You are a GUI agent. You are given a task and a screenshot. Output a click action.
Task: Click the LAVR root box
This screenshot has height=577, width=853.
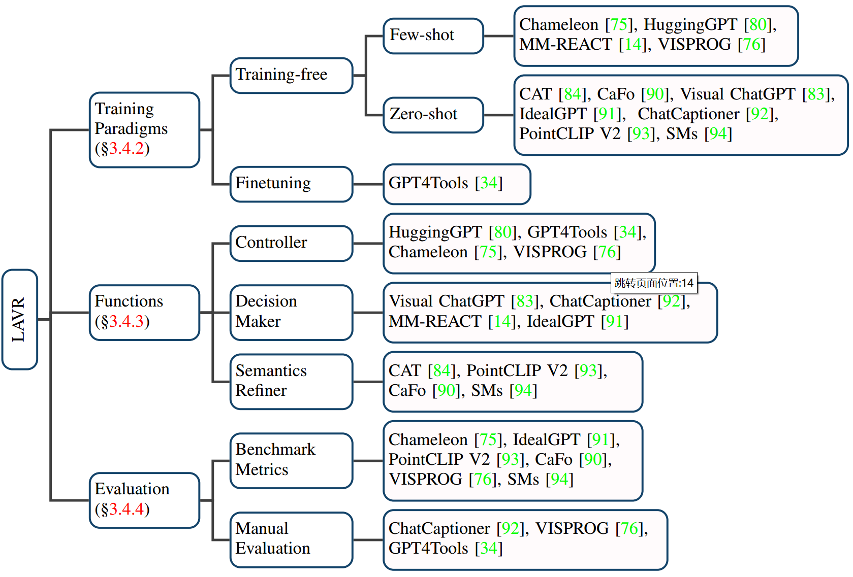coord(19,319)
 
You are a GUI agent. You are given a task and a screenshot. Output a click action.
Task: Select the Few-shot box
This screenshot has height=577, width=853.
coord(433,36)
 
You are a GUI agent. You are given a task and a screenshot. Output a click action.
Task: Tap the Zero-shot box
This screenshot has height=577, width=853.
coord(433,115)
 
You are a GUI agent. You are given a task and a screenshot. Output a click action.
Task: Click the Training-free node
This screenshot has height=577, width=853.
coord(291,75)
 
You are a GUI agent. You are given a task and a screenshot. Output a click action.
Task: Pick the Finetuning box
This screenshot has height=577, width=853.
coord(291,184)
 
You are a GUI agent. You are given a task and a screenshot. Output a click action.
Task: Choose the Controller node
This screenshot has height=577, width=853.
coord(291,243)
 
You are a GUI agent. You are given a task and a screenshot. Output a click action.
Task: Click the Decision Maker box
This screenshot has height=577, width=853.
coord(291,312)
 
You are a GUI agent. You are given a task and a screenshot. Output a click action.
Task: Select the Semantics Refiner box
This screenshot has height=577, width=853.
coord(291,381)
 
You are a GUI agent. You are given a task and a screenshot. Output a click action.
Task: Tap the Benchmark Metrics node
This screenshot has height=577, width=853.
coord(291,460)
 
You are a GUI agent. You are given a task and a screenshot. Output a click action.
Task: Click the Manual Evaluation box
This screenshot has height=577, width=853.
coord(291,539)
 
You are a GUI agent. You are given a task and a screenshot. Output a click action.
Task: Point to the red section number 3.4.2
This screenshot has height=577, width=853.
coord(127,149)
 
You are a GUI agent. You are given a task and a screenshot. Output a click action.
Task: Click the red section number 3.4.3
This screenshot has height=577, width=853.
coord(127,322)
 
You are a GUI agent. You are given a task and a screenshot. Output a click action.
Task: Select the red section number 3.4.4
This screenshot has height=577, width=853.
coord(127,510)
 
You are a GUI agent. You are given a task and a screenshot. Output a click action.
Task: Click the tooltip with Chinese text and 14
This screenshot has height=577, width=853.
coord(653,283)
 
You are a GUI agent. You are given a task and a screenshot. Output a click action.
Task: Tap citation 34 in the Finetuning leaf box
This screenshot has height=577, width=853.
coord(488,183)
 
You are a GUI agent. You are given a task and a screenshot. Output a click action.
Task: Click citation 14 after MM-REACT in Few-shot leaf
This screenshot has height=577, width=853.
coord(633,45)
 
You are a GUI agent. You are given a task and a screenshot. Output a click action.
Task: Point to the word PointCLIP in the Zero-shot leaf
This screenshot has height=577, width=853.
coord(556,134)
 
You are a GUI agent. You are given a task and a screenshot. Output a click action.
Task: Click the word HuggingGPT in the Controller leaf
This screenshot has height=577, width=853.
coord(435,232)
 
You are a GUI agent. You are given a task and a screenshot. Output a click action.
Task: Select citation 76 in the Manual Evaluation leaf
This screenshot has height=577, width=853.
coord(629,529)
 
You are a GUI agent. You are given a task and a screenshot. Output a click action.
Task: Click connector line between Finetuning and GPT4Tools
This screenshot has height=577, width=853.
coord(368,184)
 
